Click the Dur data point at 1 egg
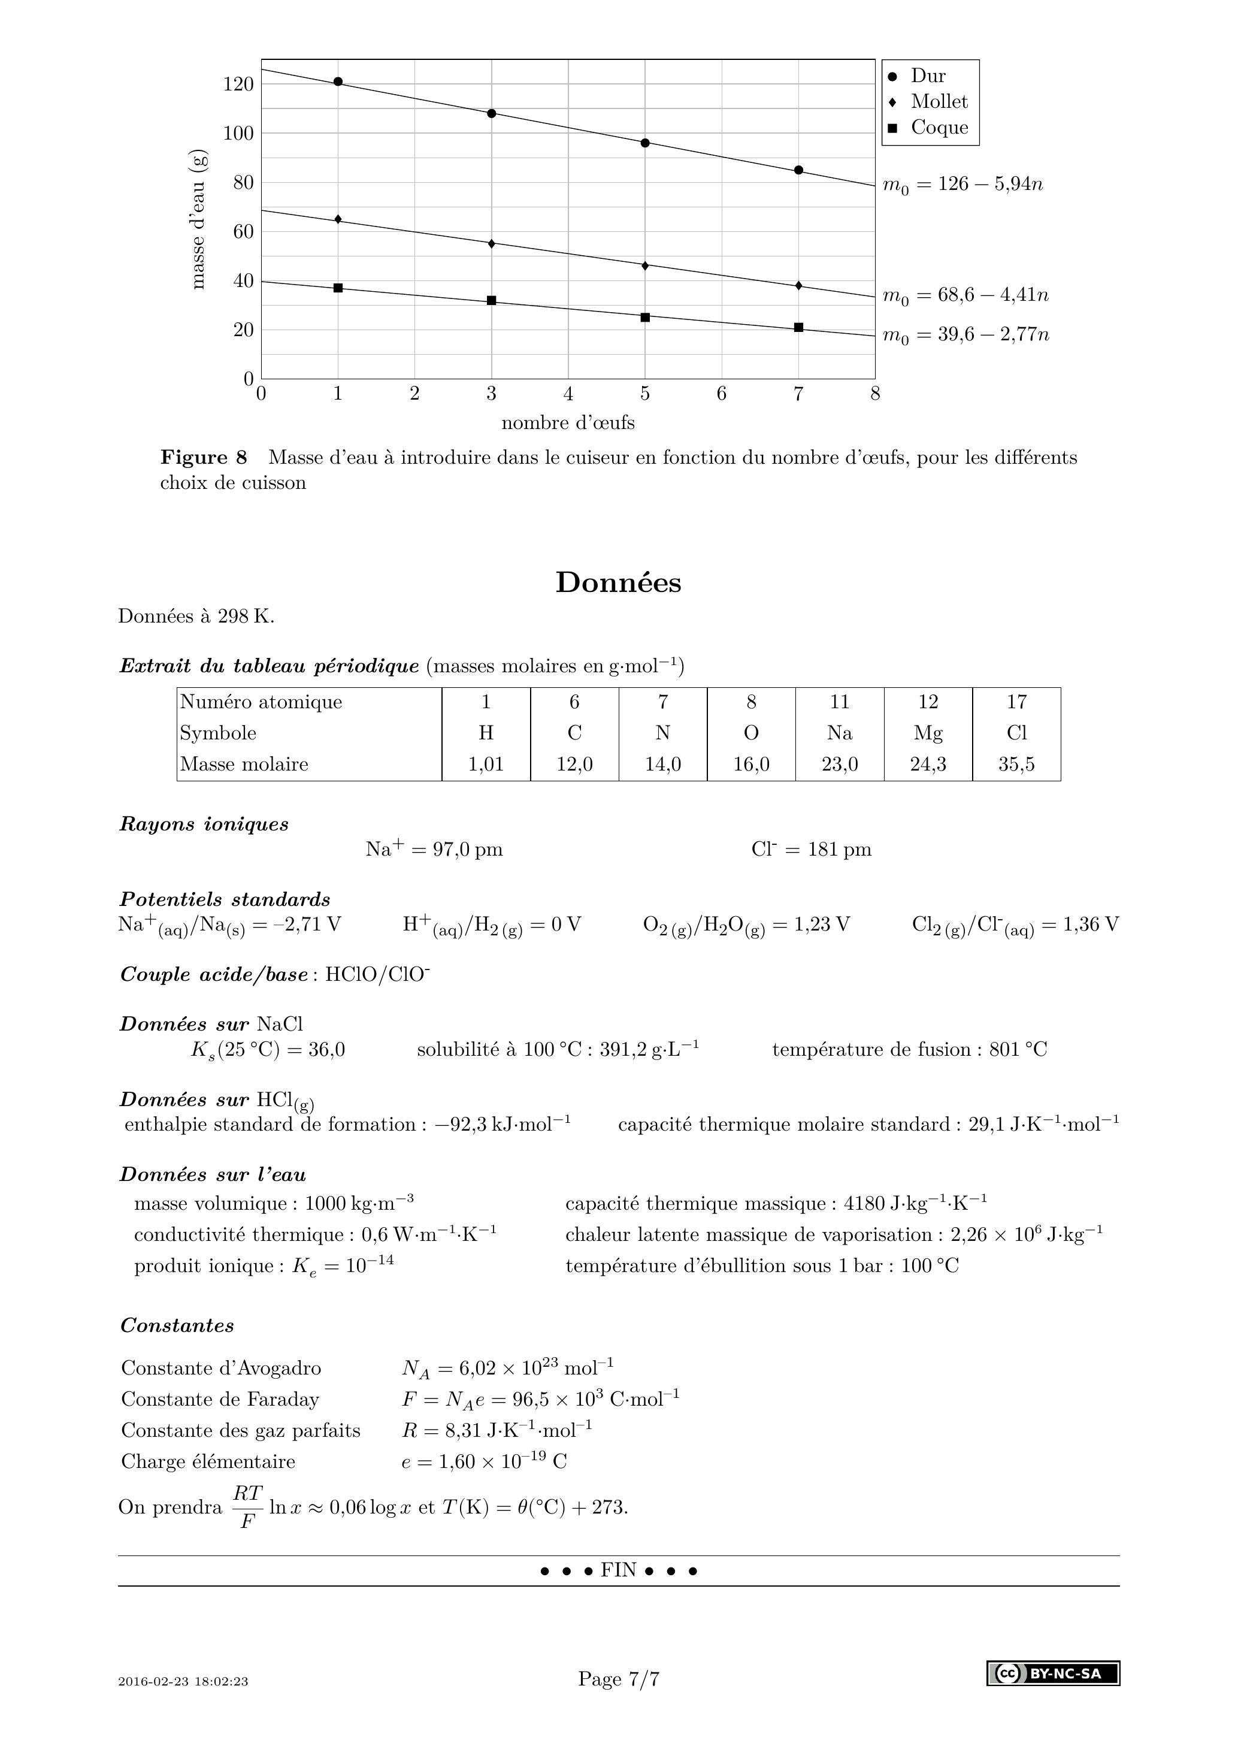338,81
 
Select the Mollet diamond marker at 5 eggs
645,265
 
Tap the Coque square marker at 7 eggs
798,327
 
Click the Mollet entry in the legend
938,101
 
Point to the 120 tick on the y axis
238,84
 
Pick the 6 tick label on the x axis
722,394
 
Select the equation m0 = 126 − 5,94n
962,185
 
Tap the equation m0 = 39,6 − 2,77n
965,335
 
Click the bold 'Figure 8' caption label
204,457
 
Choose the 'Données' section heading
618,582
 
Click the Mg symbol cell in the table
928,733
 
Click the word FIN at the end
618,1570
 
